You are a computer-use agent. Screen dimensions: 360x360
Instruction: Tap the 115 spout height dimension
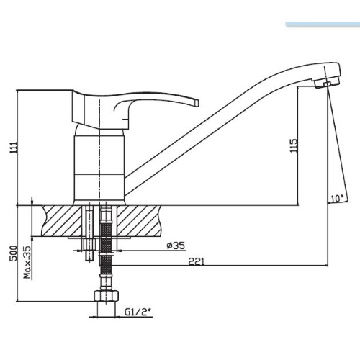(294, 145)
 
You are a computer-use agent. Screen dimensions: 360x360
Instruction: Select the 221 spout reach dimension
(196, 261)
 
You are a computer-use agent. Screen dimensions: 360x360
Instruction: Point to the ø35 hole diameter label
(176, 246)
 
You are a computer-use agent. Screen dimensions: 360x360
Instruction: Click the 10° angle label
(337, 199)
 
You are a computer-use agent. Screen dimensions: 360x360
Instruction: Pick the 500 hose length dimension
(14, 253)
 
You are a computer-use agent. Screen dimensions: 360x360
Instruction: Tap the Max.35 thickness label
(29, 262)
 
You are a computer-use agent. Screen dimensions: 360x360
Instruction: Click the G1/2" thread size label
(138, 312)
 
